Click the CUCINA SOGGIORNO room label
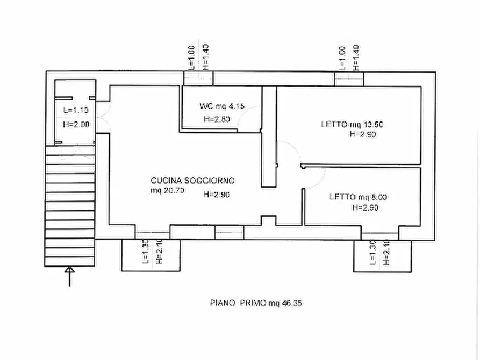192,181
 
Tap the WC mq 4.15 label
221,106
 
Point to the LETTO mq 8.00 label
358,197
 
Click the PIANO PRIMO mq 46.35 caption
256,303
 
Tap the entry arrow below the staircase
69,276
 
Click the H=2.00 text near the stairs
76,124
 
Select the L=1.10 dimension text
76,111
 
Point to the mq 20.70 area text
168,191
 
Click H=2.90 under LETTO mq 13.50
362,134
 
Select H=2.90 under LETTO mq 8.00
366,207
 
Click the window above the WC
197,78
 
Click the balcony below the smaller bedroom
382,256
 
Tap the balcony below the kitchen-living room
152,255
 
